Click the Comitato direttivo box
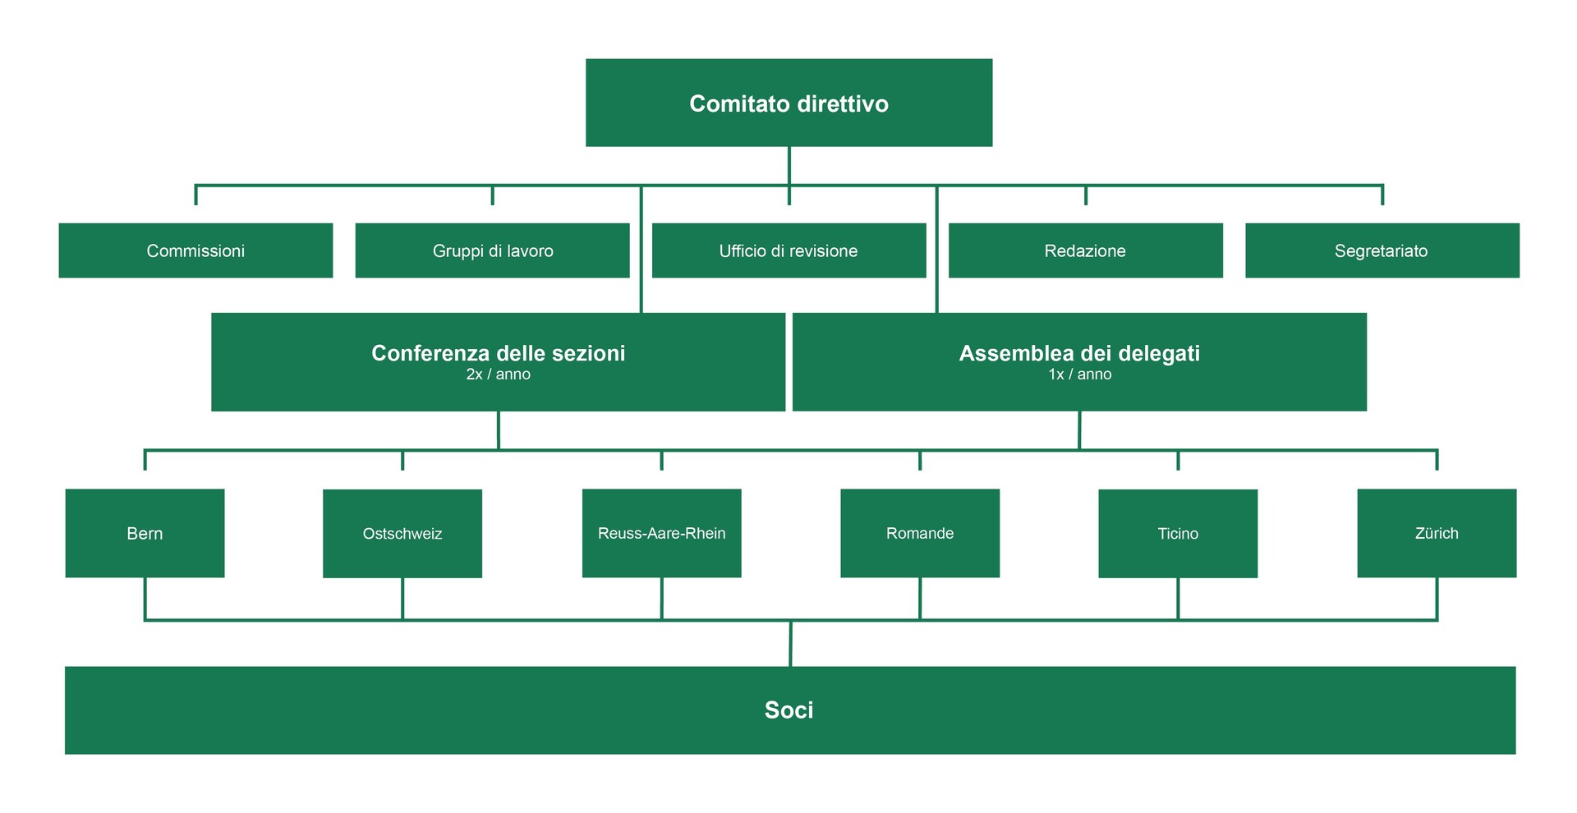pos(788,103)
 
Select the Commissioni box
pos(195,250)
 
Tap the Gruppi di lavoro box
pos(493,250)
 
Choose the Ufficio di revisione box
pos(788,250)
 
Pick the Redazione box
pos(1085,250)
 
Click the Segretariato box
pos(1382,250)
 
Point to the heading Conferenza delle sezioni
pos(499,353)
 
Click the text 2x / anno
pos(499,374)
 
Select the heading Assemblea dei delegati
pos(1079,353)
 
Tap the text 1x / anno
pos(1079,374)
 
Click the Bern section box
pos(145,533)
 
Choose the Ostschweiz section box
pos(402,534)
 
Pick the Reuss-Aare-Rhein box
pos(662,533)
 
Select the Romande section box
pos(920,533)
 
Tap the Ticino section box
pos(1178,534)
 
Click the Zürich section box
pos(1437,533)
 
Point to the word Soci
pos(788,710)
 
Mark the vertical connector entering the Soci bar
pos(790,644)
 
